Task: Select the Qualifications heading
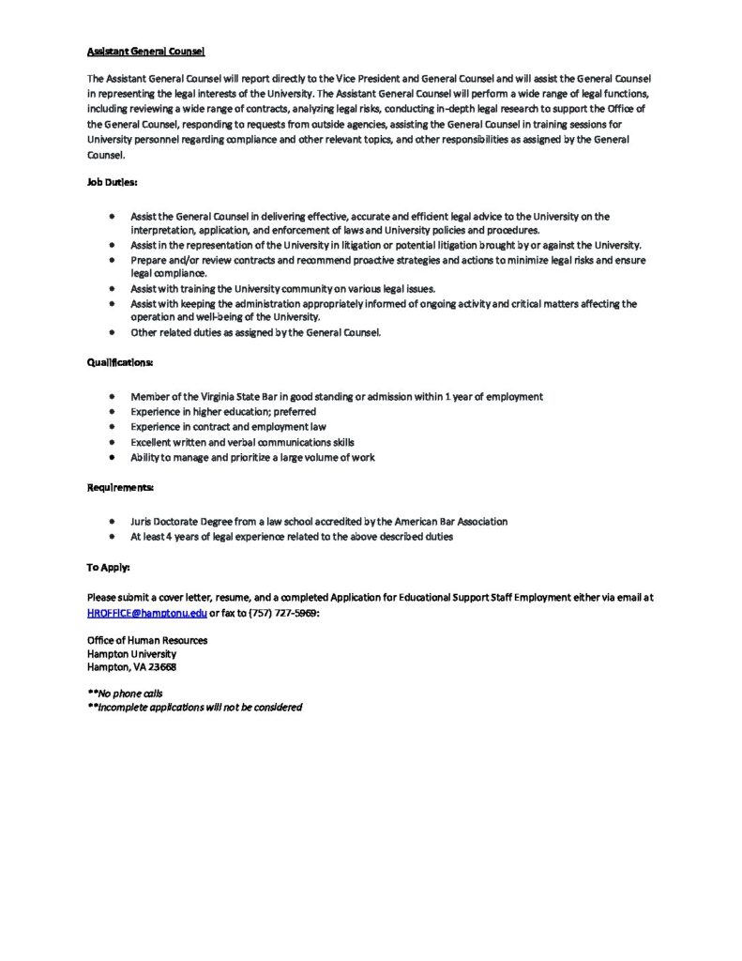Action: [120, 361]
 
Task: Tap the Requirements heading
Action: [120, 487]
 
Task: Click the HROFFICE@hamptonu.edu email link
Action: [146, 613]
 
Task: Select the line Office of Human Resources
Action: [147, 640]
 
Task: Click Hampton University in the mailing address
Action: [131, 653]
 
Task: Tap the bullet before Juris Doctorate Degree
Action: [111, 522]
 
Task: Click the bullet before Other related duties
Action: [111, 332]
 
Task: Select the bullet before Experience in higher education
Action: [111, 412]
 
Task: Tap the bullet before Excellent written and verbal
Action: [111, 442]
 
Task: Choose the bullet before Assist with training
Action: [111, 289]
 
